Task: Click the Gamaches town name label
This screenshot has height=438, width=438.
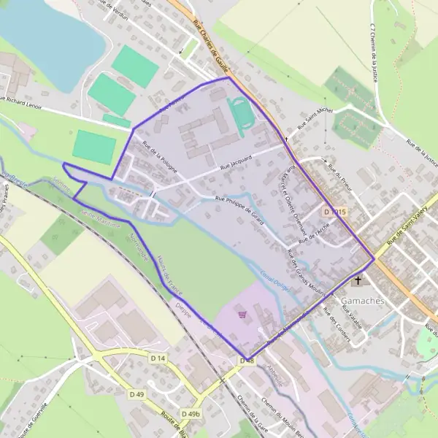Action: pyautogui.click(x=364, y=301)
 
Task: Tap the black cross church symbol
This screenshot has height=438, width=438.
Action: pyautogui.click(x=358, y=280)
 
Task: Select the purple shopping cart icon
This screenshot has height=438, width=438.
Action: pyautogui.click(x=242, y=314)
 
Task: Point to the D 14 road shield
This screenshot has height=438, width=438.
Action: pyautogui.click(x=158, y=358)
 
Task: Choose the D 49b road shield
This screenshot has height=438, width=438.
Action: pyautogui.click(x=190, y=414)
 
